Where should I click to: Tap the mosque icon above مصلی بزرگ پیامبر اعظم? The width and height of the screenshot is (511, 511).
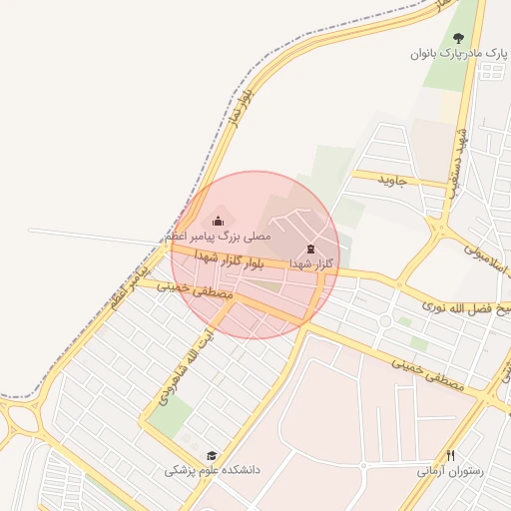(x=218, y=222)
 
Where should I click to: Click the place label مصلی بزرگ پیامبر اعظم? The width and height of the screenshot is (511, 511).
(x=218, y=238)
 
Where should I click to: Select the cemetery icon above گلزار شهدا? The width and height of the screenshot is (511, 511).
(x=309, y=249)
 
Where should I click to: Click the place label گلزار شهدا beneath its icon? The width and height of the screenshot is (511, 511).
(x=309, y=263)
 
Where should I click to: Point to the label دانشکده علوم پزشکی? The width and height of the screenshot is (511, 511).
(x=213, y=469)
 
